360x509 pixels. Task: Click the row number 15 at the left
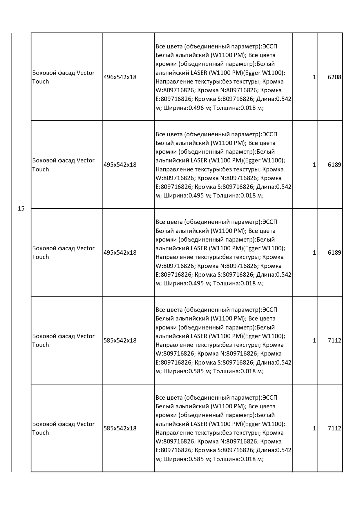21,208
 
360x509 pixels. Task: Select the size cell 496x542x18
120,77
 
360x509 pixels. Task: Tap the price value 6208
334,77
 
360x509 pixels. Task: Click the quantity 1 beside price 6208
314,77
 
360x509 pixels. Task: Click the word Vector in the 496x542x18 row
86,73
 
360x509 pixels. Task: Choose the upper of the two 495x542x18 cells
120,165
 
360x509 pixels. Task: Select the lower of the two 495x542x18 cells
120,252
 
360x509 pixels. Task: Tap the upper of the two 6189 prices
334,165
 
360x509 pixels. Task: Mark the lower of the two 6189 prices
334,252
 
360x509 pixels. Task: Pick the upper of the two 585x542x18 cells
120,340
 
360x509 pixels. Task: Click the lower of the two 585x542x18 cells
120,428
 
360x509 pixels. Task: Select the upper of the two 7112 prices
334,340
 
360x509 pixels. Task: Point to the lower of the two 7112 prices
334,428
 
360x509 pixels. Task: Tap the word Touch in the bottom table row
41,432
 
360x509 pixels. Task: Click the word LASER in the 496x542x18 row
199,73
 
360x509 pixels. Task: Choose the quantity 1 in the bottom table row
314,428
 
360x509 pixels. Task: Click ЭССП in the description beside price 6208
270,46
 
